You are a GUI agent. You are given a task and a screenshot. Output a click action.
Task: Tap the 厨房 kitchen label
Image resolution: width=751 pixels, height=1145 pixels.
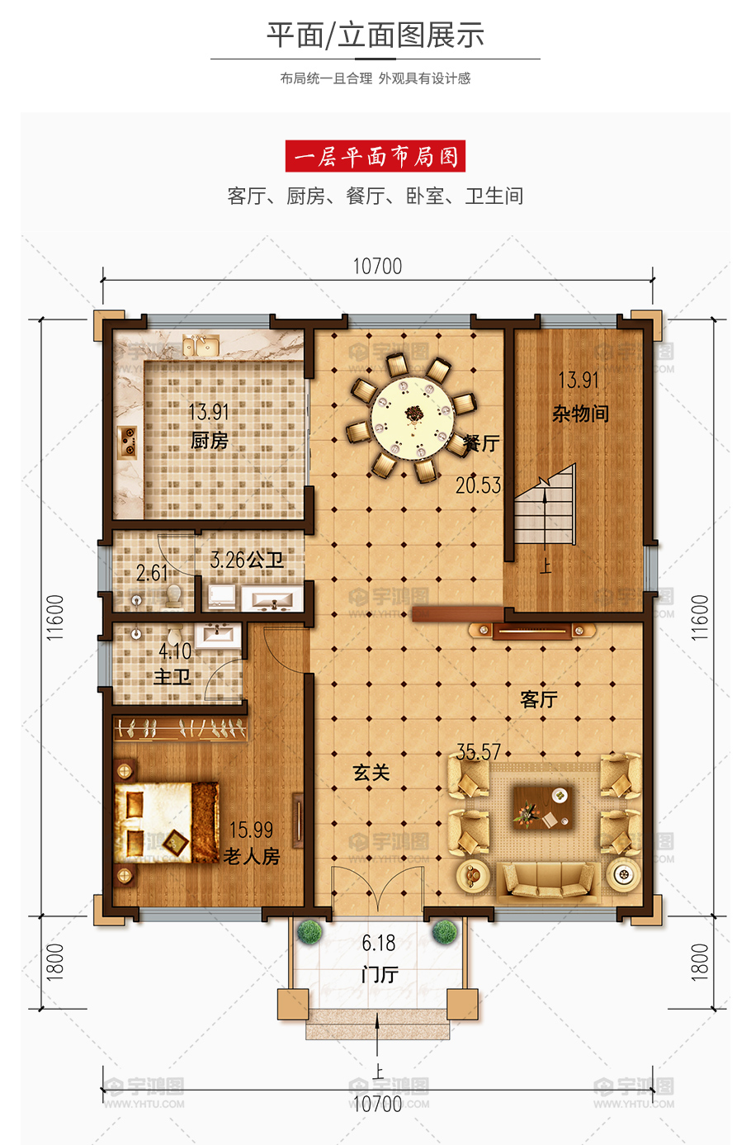[x=209, y=441]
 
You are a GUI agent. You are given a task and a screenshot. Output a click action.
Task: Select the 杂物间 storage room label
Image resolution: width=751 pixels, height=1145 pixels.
[x=580, y=413]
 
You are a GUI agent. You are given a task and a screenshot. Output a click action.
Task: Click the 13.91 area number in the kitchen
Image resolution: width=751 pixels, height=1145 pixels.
[x=209, y=412]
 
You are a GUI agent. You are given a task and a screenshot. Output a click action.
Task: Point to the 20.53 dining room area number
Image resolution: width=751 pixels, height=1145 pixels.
[x=478, y=485]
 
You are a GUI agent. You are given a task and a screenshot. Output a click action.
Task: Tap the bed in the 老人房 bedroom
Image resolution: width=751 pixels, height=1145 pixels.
[x=167, y=822]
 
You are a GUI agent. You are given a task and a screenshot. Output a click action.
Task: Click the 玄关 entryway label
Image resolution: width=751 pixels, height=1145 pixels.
[x=371, y=773]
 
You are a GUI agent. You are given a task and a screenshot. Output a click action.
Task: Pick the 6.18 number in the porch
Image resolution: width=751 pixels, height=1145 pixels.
[x=379, y=943]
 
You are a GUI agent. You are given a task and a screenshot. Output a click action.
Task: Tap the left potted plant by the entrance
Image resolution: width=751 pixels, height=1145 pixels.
[x=309, y=931]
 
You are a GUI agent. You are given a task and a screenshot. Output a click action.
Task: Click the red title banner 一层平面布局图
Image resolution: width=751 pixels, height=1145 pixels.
[x=375, y=156]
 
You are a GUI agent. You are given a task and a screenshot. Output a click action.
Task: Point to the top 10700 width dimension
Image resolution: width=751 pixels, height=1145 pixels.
[x=377, y=267]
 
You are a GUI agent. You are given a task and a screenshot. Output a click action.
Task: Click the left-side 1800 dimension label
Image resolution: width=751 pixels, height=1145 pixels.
[x=55, y=963]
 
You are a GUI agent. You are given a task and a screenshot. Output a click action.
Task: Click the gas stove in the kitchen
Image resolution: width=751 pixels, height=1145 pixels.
[x=127, y=442]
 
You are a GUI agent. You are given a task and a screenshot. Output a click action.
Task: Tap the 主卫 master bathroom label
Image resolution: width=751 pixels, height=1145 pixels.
[x=172, y=677]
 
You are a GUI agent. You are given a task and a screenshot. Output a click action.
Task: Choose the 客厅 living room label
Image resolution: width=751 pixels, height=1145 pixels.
[x=538, y=698]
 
